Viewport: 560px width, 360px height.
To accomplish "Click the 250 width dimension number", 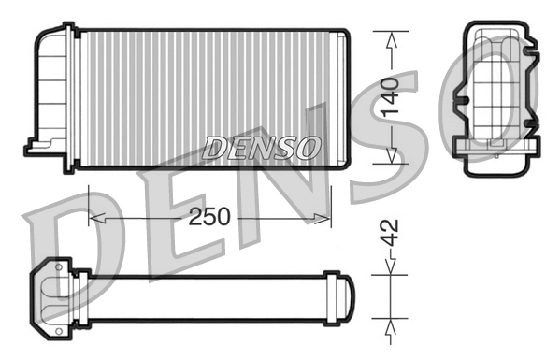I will (x=209, y=217).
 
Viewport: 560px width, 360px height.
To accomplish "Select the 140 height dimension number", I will (x=391, y=98).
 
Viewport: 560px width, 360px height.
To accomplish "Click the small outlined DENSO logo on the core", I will (x=262, y=148).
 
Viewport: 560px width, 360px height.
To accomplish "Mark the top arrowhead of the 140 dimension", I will (x=392, y=38).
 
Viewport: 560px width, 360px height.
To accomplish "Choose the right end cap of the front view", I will (x=344, y=98).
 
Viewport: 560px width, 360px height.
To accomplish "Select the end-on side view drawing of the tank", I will (x=495, y=94).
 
